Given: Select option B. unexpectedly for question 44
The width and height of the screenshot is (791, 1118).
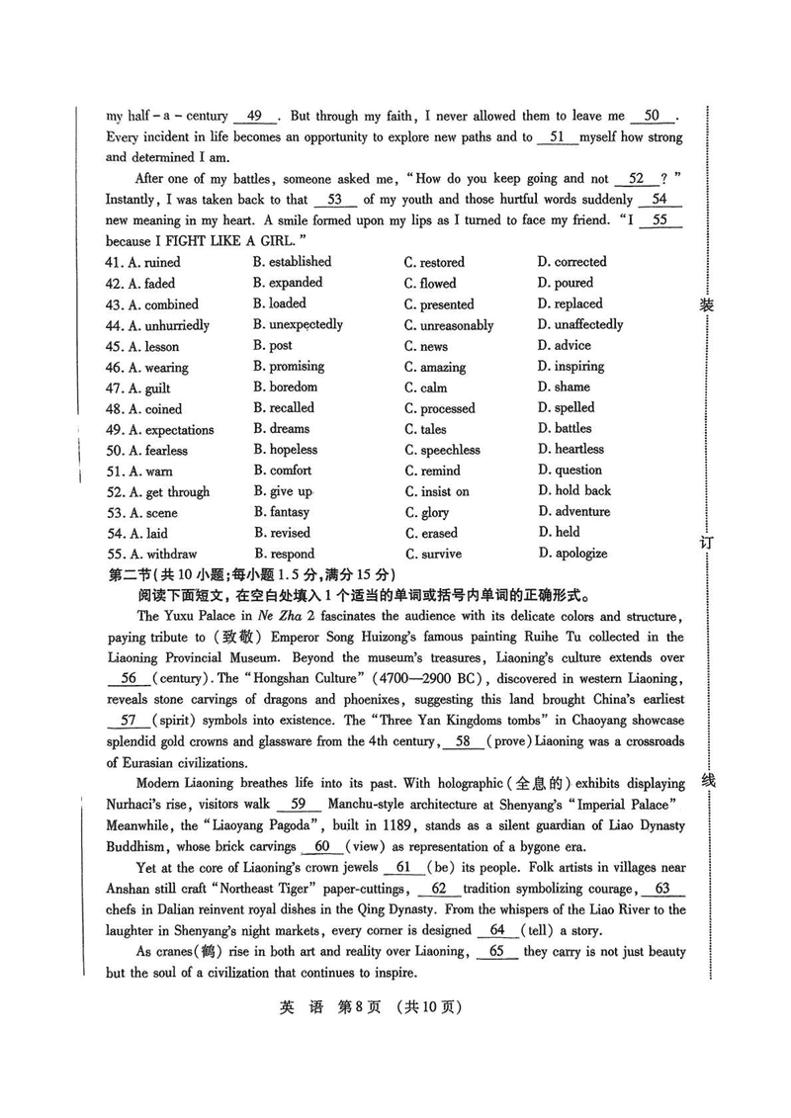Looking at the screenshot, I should pos(298,324).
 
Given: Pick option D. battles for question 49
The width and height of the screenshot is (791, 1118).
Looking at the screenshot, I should pos(565,429).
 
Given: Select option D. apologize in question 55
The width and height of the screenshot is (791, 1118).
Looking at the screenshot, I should pos(572,554).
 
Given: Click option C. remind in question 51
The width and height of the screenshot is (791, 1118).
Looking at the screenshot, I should pos(432,472).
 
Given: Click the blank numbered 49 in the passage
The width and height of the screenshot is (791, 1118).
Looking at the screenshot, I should pos(255,116).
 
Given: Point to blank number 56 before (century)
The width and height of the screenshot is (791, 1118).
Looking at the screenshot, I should pos(129,678).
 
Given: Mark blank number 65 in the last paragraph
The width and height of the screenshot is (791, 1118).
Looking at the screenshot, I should pos(497,951).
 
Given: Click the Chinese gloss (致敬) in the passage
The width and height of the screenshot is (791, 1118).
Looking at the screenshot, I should pos(236,638).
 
